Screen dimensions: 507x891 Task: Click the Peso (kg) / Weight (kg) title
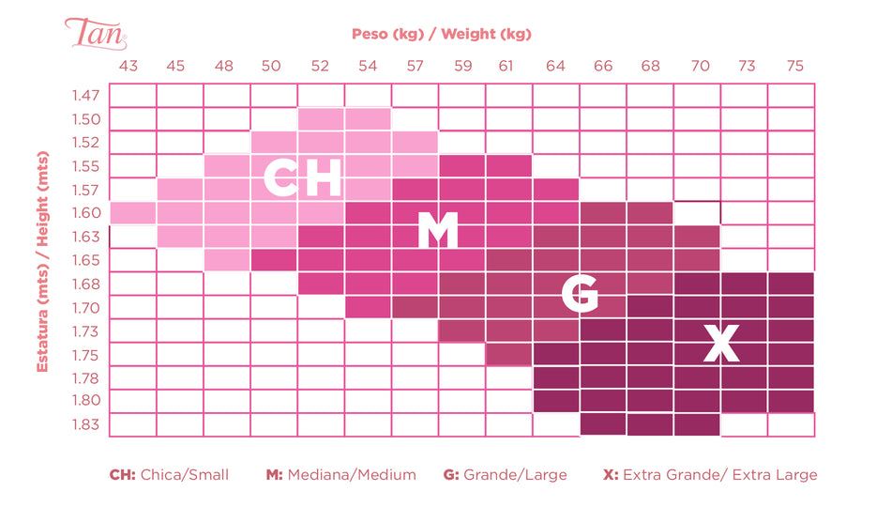[442, 34]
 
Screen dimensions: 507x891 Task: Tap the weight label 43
[128, 66]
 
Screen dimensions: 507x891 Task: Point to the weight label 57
[415, 66]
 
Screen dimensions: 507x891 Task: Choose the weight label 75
[794, 66]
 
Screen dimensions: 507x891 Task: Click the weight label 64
[556, 66]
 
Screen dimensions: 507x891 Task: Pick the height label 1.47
[84, 96]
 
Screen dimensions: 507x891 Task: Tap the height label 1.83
[84, 424]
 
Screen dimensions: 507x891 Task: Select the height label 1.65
[84, 259]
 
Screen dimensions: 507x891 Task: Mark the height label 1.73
[84, 330]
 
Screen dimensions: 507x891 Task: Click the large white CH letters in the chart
[301, 178]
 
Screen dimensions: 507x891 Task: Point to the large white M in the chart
[437, 231]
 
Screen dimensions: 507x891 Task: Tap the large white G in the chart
[579, 294]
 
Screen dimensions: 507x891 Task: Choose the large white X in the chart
[721, 344]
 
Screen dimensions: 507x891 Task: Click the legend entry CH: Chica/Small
[169, 475]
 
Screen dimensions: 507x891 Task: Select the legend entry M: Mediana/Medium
[340, 475]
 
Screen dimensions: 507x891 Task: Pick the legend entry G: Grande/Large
[505, 475]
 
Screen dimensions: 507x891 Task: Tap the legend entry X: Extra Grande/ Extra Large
[710, 475]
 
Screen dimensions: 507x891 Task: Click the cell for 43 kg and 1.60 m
[132, 213]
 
